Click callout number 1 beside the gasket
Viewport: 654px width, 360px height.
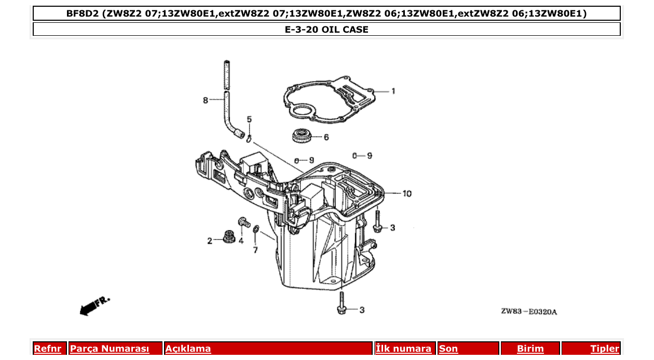393,91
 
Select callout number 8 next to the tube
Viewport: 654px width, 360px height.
206,100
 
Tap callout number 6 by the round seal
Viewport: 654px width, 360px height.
326,137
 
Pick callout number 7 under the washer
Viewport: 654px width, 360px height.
255,250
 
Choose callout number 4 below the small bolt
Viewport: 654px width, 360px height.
241,241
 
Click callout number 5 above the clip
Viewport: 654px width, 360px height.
249,119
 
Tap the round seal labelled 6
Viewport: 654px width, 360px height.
301,136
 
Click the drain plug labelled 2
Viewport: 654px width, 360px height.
227,237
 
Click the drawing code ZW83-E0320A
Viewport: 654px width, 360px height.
529,311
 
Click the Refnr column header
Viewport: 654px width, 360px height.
47,349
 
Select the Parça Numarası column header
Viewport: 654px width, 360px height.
110,349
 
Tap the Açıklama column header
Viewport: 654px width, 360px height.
188,349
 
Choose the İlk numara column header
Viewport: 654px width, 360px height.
404,349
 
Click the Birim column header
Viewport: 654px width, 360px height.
530,349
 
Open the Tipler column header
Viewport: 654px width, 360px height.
605,349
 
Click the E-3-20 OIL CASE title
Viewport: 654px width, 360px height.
326,30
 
